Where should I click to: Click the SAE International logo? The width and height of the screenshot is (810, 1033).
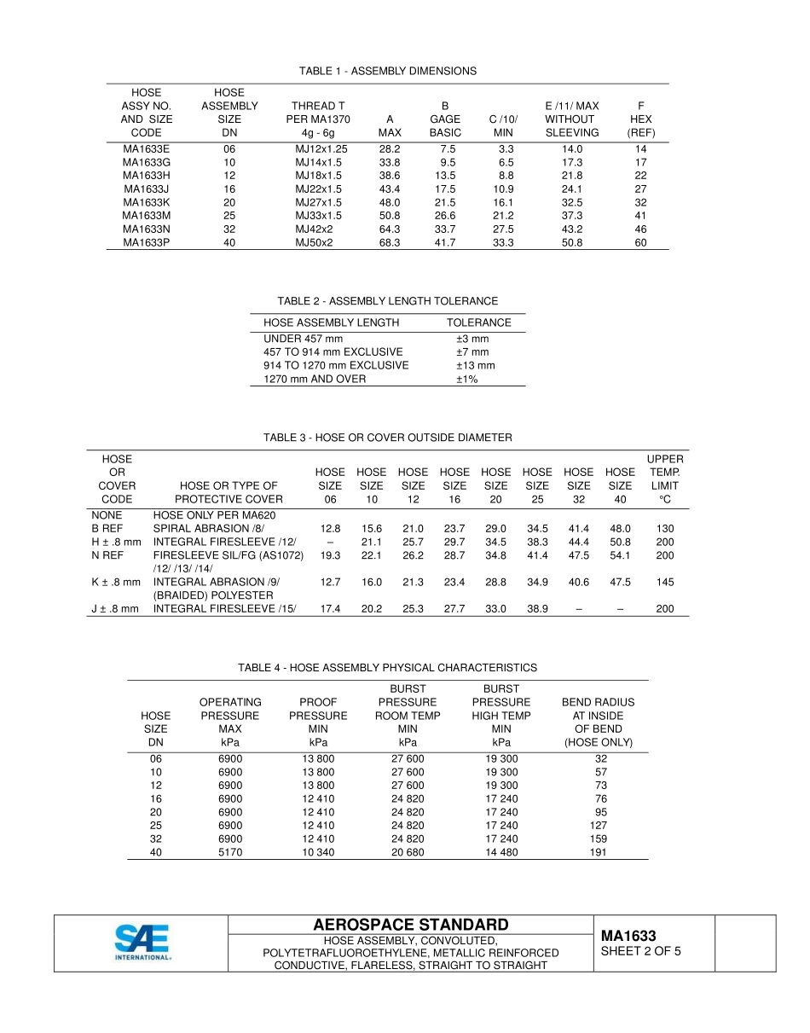[142, 943]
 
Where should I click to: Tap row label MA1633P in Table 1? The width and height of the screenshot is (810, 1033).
[147, 242]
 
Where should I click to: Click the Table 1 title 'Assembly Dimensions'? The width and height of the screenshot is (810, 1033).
[388, 71]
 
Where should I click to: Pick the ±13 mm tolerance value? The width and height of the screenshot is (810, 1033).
[475, 365]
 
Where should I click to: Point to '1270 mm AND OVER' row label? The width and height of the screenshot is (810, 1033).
[315, 379]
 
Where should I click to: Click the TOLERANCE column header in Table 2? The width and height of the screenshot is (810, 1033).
[479, 322]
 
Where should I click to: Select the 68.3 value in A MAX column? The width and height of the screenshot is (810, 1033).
[389, 242]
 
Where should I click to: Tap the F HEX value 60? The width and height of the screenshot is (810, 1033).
[640, 242]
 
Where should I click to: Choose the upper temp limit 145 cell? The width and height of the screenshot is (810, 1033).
[665, 582]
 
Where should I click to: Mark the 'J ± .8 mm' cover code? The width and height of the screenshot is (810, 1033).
[114, 609]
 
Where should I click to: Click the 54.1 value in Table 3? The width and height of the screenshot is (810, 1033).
[620, 555]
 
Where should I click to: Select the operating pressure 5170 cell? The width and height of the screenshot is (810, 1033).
[230, 852]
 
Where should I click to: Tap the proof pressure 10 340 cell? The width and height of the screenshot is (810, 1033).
[318, 852]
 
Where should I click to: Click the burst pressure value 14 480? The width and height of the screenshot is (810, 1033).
[501, 852]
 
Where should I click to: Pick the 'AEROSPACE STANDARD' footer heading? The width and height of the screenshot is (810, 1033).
[411, 925]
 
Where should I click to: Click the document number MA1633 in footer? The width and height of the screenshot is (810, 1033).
[628, 936]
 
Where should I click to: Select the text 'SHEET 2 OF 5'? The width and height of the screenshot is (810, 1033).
[640, 951]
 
